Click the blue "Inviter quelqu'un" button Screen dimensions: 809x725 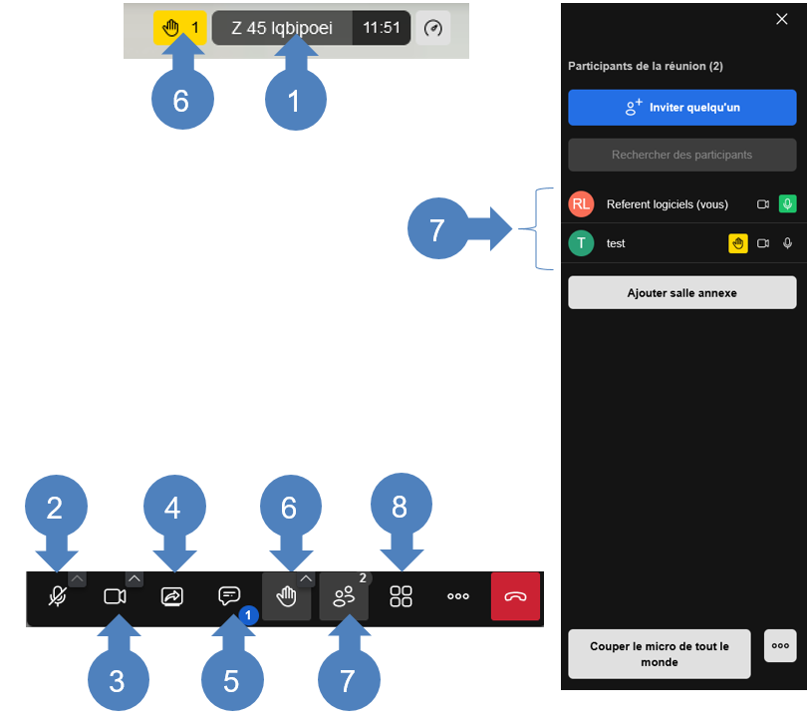681,108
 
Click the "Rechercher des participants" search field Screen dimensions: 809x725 681,155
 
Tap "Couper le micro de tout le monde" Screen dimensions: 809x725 659,654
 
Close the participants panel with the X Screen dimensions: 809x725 782,19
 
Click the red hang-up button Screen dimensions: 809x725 515,596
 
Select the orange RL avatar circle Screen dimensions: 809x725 581,204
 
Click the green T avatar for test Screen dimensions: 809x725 581,243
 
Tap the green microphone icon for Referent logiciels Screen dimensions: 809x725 787,204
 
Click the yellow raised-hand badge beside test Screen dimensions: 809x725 738,243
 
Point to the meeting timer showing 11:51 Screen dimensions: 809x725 382,28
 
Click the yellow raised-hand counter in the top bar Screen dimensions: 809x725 179,28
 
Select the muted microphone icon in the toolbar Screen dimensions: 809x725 57,596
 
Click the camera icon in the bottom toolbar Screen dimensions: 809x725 115,596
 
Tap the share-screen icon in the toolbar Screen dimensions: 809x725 171,596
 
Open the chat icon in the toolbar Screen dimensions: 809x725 229,596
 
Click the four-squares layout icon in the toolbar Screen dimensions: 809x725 401,596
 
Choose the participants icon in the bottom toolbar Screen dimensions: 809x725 344,597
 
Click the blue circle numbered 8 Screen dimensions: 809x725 401,505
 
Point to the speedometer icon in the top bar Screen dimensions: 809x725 432,28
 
